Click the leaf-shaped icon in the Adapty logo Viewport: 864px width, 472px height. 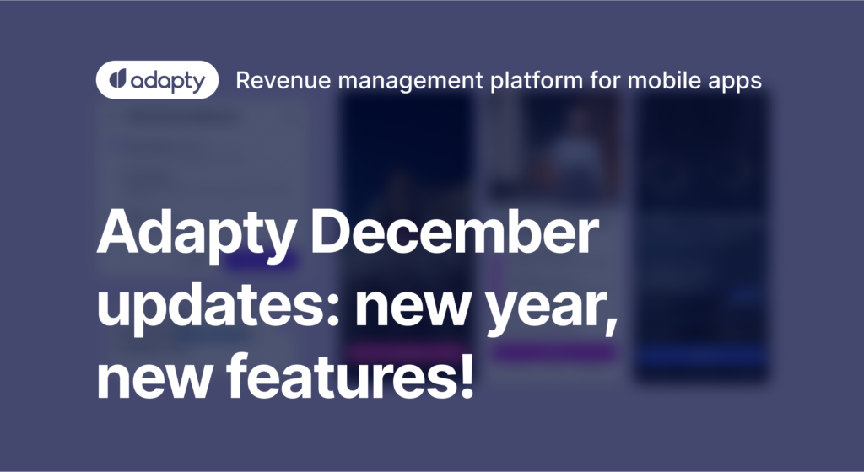click(x=117, y=81)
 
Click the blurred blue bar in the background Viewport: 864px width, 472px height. click(x=702, y=357)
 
